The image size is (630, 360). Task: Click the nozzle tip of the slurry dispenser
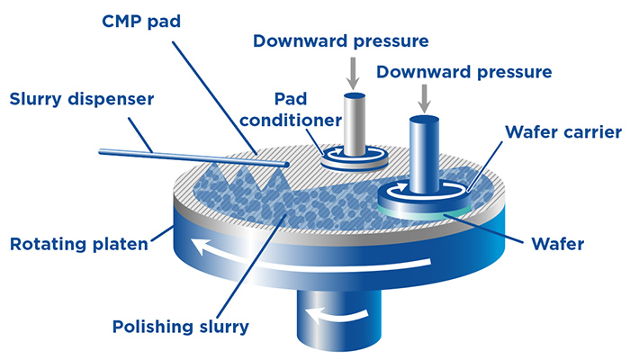[286, 165]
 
